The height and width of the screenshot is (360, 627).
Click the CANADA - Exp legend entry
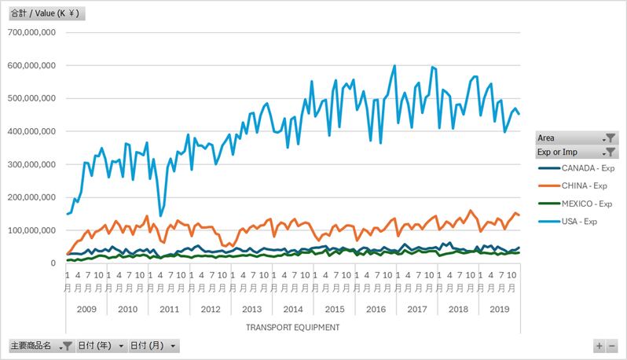576,168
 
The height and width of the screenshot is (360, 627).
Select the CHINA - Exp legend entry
573,186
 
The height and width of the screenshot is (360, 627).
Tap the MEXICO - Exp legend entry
575,204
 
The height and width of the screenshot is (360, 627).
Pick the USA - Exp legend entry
568,222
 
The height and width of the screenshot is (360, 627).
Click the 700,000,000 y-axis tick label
31,32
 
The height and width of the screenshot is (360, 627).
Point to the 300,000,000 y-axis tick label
31,164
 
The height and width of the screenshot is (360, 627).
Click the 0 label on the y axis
53,263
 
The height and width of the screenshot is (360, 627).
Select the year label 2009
86,309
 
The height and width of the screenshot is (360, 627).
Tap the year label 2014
293,309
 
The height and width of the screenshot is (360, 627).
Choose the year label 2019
500,309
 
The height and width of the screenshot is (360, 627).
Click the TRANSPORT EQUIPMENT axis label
293,328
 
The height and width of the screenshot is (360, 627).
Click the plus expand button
599,346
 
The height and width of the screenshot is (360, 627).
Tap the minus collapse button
612,346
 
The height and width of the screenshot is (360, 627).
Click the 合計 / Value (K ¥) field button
47,13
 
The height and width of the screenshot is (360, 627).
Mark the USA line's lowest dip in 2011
161,216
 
